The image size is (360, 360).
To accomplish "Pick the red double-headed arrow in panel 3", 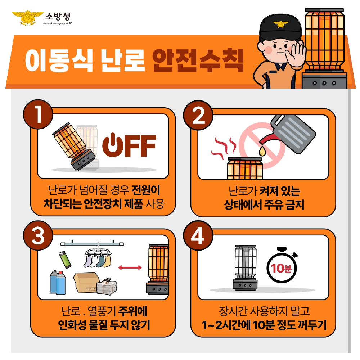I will point(130,267).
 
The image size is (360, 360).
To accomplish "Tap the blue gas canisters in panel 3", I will point(58,283).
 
